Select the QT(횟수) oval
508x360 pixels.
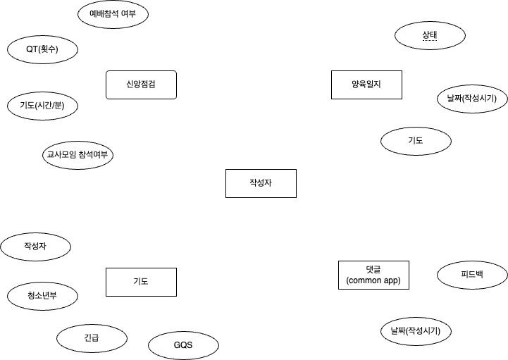click(42, 49)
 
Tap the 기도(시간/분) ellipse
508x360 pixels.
click(42, 106)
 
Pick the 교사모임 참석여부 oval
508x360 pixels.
click(78, 155)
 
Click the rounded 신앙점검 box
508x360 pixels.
click(141, 85)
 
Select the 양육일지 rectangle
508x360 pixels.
click(366, 85)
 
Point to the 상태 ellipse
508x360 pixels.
click(430, 35)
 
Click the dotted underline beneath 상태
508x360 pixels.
click(430, 42)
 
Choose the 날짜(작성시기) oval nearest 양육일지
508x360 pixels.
click(467, 99)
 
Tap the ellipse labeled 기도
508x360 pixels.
click(415, 141)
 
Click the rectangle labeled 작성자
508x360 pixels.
click(261, 183)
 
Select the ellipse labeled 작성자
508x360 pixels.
click(36, 247)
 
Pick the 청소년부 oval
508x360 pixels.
click(42, 295)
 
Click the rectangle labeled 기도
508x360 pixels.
click(141, 282)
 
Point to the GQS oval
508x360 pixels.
click(183, 345)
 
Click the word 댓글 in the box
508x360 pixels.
click(373, 269)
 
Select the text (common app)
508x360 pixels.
click(373, 280)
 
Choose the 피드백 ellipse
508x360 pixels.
click(472, 275)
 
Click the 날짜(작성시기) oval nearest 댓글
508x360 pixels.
click(415, 331)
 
